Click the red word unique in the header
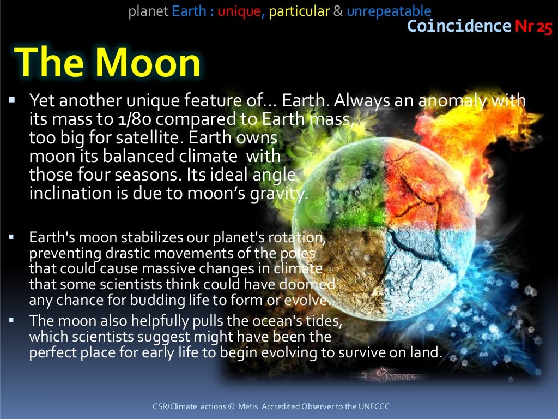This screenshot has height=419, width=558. pos(239,11)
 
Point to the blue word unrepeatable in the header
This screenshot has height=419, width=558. pos(389,11)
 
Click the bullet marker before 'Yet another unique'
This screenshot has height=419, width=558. pos(13,101)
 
